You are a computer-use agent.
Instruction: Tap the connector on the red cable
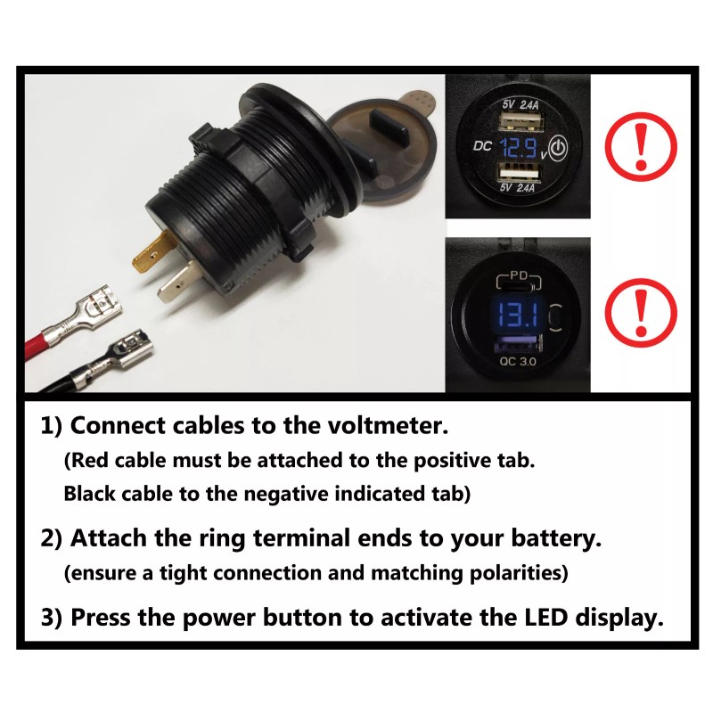[x=91, y=310]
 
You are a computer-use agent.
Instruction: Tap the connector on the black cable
[x=123, y=350]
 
